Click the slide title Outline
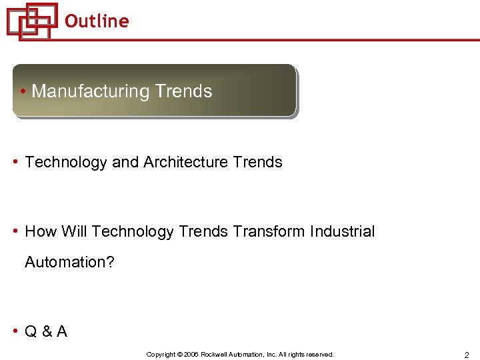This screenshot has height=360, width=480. tap(97, 21)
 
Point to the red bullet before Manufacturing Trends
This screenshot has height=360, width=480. tap(23, 92)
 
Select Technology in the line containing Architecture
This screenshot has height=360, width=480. tap(65, 162)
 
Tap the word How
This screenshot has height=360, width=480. tap(41, 231)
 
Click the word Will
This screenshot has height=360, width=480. tap(74, 231)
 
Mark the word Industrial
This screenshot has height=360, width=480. tap(342, 231)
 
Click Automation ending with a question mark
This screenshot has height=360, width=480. tap(69, 262)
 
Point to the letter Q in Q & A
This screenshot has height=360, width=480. tap(31, 331)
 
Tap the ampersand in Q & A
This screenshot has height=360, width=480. tap(46, 331)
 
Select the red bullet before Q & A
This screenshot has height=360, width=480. tap(16, 332)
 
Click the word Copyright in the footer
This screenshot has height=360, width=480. tap(161, 355)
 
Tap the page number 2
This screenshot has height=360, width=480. tap(467, 355)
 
